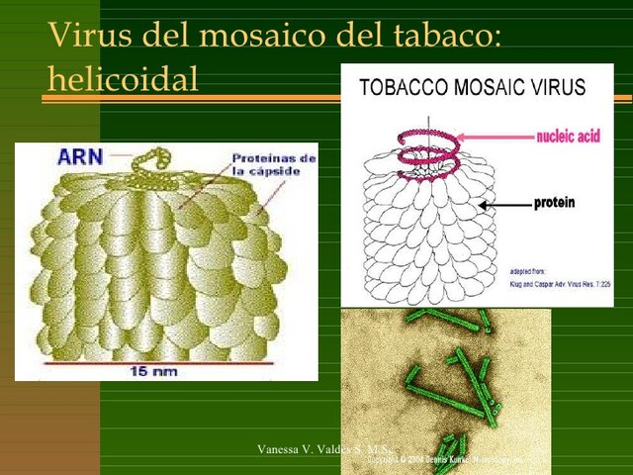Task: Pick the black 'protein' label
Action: [554, 204]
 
